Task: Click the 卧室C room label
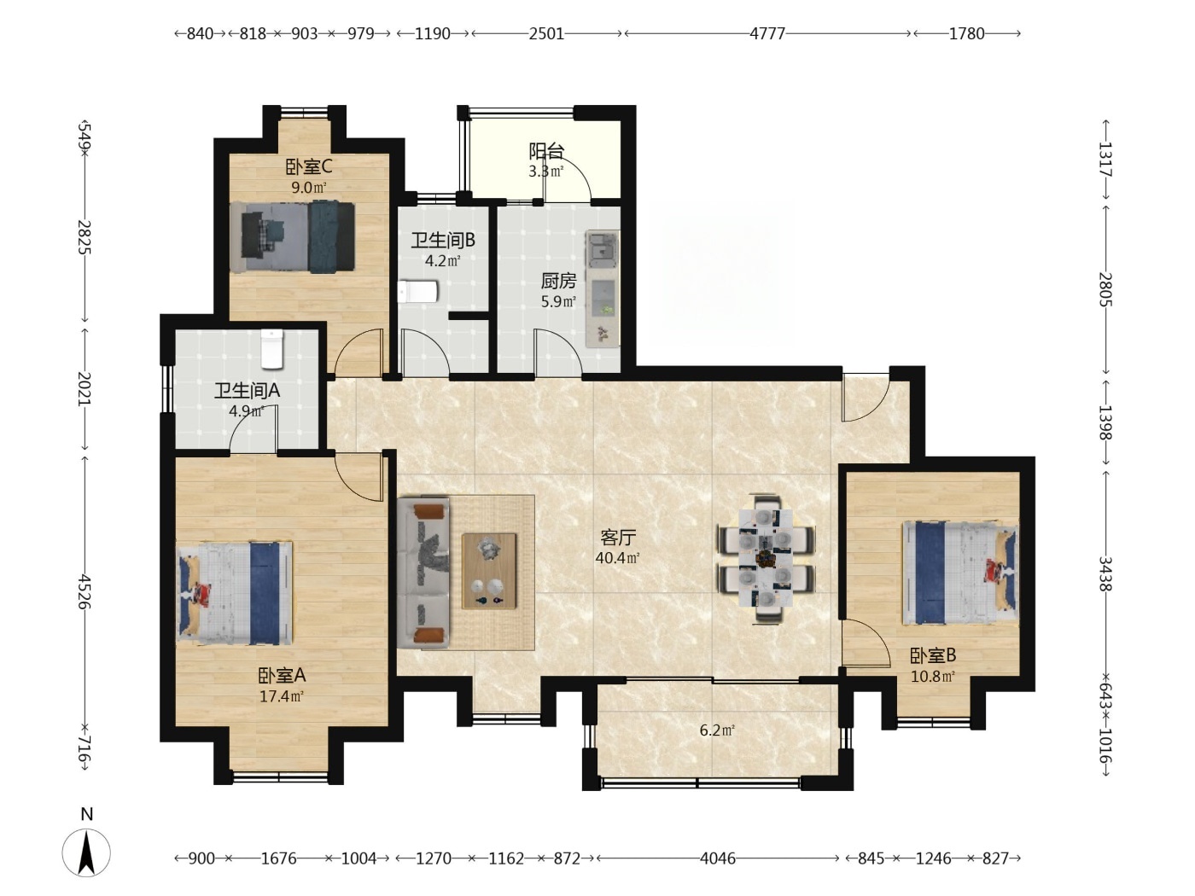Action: point(309,167)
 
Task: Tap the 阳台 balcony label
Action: point(546,151)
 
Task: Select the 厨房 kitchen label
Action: point(558,281)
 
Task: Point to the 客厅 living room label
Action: point(618,538)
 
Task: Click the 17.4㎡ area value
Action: point(282,695)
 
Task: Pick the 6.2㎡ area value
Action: point(717,730)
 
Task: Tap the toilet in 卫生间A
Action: point(271,349)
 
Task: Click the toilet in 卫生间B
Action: point(418,292)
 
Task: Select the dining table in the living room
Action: point(766,559)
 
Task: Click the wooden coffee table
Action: point(489,571)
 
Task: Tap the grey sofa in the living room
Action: point(423,573)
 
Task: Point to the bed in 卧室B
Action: point(959,573)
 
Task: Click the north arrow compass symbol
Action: point(86,853)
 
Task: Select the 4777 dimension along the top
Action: point(767,34)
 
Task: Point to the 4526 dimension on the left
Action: point(84,591)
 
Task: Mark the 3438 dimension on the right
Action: point(1105,573)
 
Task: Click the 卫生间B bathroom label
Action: point(443,240)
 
